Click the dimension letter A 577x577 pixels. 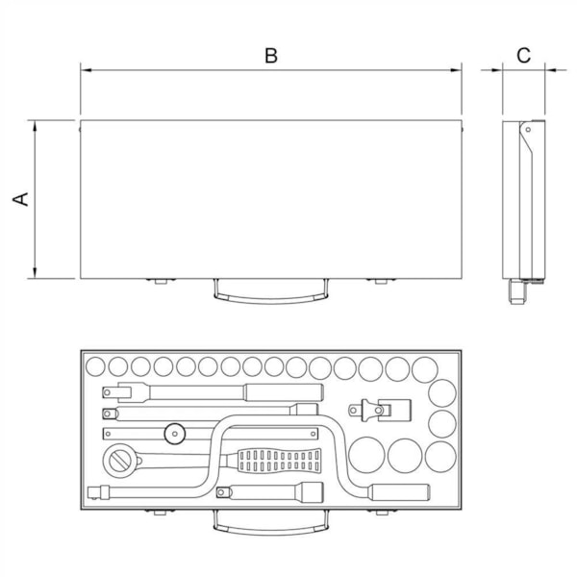(20, 199)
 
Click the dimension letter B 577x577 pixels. (271, 56)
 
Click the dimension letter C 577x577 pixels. (523, 56)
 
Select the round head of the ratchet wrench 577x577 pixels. (120, 461)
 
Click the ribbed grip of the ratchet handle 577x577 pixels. (279, 461)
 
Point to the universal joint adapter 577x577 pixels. (380, 410)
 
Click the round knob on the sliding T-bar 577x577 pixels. (174, 434)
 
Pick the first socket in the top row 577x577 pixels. (95, 366)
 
